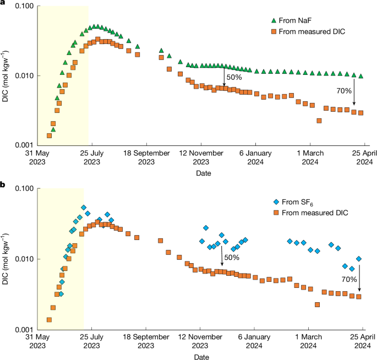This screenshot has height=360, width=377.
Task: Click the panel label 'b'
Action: [x=3, y=185]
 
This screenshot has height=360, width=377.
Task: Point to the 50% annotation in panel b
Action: [x=232, y=257]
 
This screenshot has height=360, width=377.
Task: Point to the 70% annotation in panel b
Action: [x=349, y=279]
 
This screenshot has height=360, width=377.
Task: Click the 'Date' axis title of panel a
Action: [x=202, y=173]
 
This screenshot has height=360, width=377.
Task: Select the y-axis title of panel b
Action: [x=8, y=259]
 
